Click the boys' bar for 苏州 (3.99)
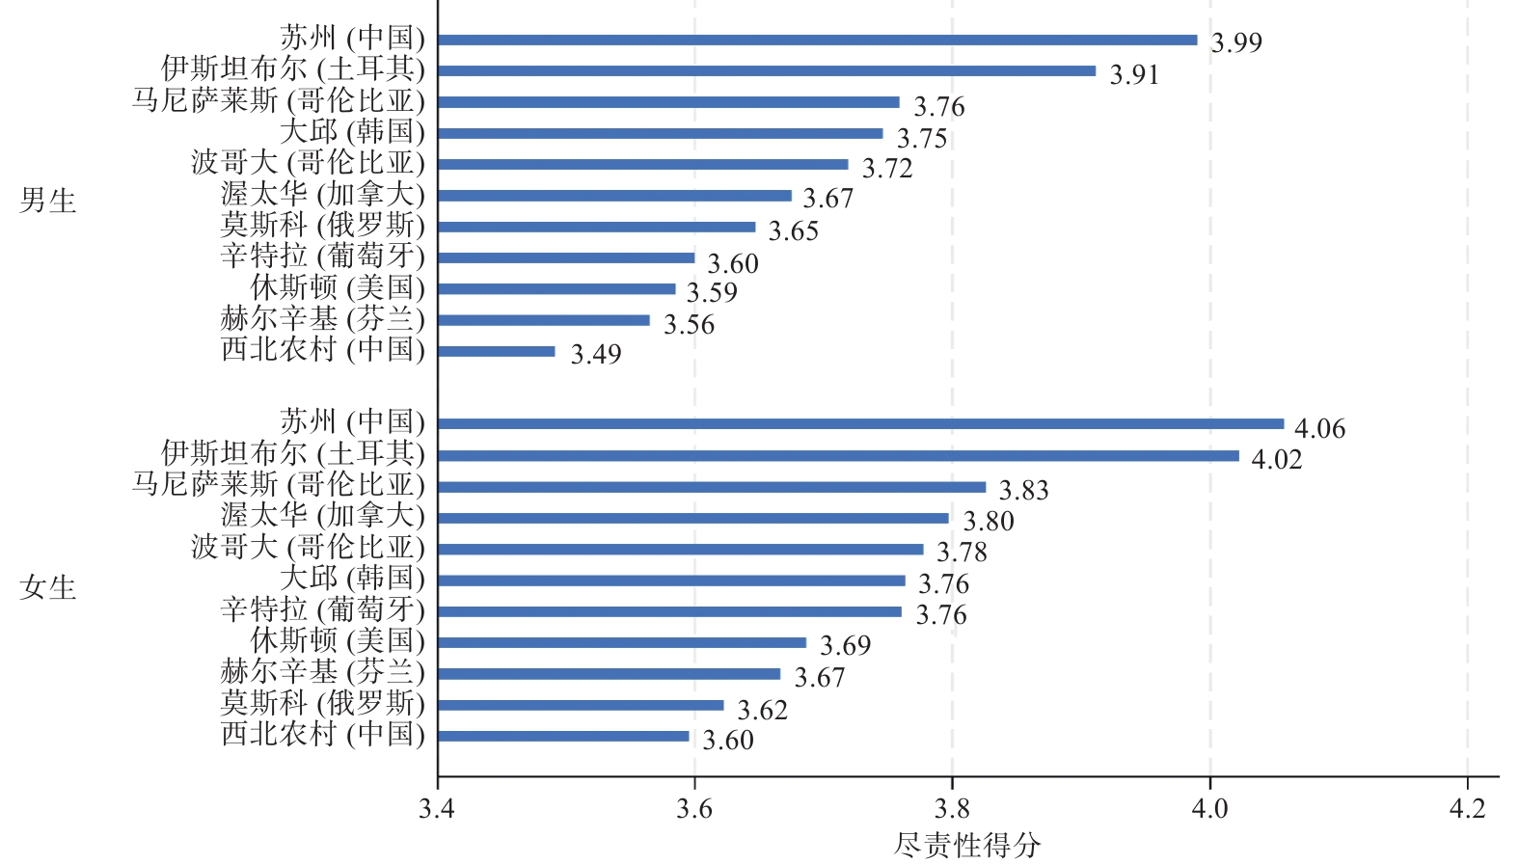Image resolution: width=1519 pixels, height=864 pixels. pyautogui.click(x=817, y=40)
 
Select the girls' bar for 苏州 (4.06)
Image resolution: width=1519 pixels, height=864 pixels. pyautogui.click(x=860, y=424)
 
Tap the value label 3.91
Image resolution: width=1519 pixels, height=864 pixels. pyautogui.click(x=1134, y=74)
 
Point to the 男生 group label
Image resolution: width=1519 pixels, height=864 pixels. pyautogui.click(x=48, y=201)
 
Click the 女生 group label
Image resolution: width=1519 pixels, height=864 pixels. pyautogui.click(x=48, y=587)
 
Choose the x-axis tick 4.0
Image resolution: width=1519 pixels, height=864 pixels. pyautogui.click(x=1209, y=808)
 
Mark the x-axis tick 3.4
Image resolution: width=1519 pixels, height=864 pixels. pyautogui.click(x=437, y=808)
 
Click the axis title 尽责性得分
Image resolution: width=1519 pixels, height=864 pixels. pyautogui.click(x=967, y=846)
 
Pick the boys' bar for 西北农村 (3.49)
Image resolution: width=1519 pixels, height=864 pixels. pyautogui.click(x=497, y=351)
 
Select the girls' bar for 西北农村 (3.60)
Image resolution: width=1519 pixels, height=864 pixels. pyautogui.click(x=564, y=737)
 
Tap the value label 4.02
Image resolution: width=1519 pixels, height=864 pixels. pyautogui.click(x=1276, y=459)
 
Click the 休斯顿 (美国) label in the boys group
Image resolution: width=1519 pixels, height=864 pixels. pyautogui.click(x=338, y=287)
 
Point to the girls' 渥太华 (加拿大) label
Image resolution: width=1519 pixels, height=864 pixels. pyautogui.click(x=322, y=516)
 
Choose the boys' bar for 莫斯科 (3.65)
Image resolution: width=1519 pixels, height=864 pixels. pyautogui.click(x=596, y=228)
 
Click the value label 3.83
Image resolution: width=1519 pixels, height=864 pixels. pyautogui.click(x=1023, y=490)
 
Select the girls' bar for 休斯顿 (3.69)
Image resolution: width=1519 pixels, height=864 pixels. pyautogui.click(x=622, y=643)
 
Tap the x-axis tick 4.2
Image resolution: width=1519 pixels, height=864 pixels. pyautogui.click(x=1467, y=808)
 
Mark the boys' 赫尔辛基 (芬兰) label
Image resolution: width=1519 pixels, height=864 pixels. pyautogui.click(x=322, y=318)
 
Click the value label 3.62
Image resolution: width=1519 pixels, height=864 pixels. pyautogui.click(x=762, y=710)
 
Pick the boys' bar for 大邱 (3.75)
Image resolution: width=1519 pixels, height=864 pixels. pyautogui.click(x=660, y=134)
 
